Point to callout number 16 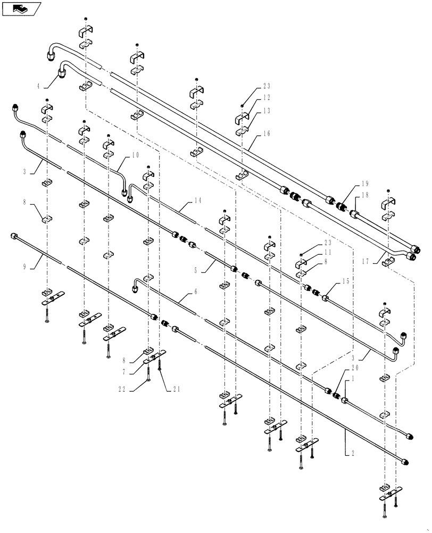tap(267, 134)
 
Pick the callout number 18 tap(365, 196)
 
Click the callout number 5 tap(196, 270)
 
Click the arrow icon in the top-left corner tap(21, 9)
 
